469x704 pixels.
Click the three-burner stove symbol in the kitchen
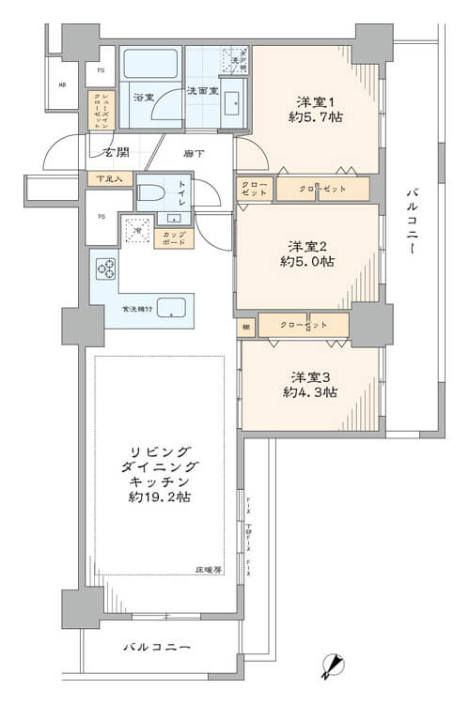tap(104, 269)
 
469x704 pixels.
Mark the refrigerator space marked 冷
tap(137, 230)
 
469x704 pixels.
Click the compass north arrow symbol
tap(330, 666)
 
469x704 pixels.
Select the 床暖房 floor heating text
tap(209, 569)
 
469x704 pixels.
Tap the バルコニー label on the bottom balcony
tap(158, 648)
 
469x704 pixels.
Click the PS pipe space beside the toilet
tap(101, 216)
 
